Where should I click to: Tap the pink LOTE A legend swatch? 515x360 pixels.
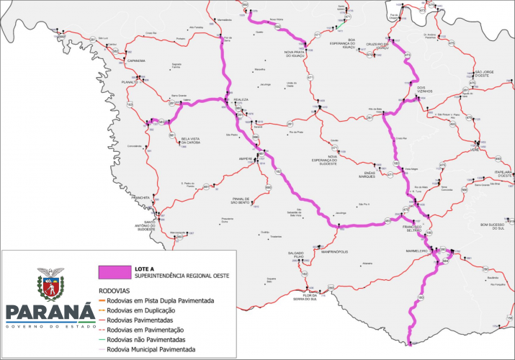click(x=112, y=272)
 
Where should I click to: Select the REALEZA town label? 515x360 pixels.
click(x=241, y=100)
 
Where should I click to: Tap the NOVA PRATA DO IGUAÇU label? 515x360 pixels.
click(x=298, y=54)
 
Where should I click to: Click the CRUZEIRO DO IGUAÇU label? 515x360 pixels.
click(x=374, y=45)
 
